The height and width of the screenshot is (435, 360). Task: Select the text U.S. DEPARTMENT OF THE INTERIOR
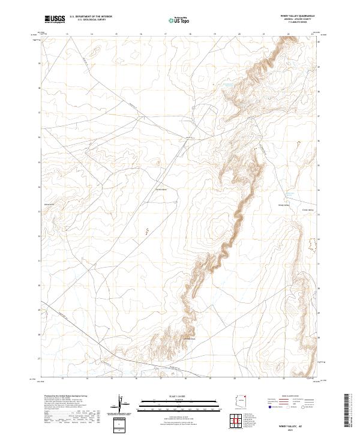pyautogui.click(x=91, y=17)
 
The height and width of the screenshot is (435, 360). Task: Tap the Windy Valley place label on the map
pyautogui.click(x=284, y=205)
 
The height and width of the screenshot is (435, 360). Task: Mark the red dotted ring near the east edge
pyautogui.click(x=311, y=244)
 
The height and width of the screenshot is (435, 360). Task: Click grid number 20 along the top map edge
pyautogui.click(x=239, y=35)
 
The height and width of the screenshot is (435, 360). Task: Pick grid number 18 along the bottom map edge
pyautogui.click(x=185, y=379)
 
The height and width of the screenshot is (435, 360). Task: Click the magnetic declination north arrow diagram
pyautogui.click(x=122, y=405)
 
